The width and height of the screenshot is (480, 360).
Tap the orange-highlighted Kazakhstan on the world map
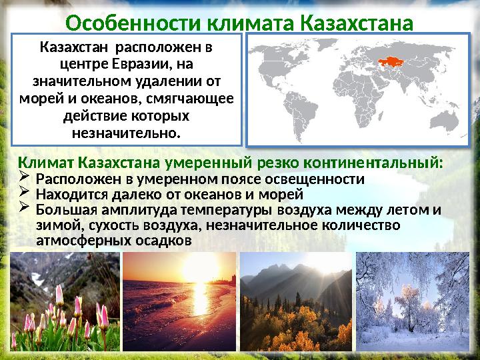point(388,63)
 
